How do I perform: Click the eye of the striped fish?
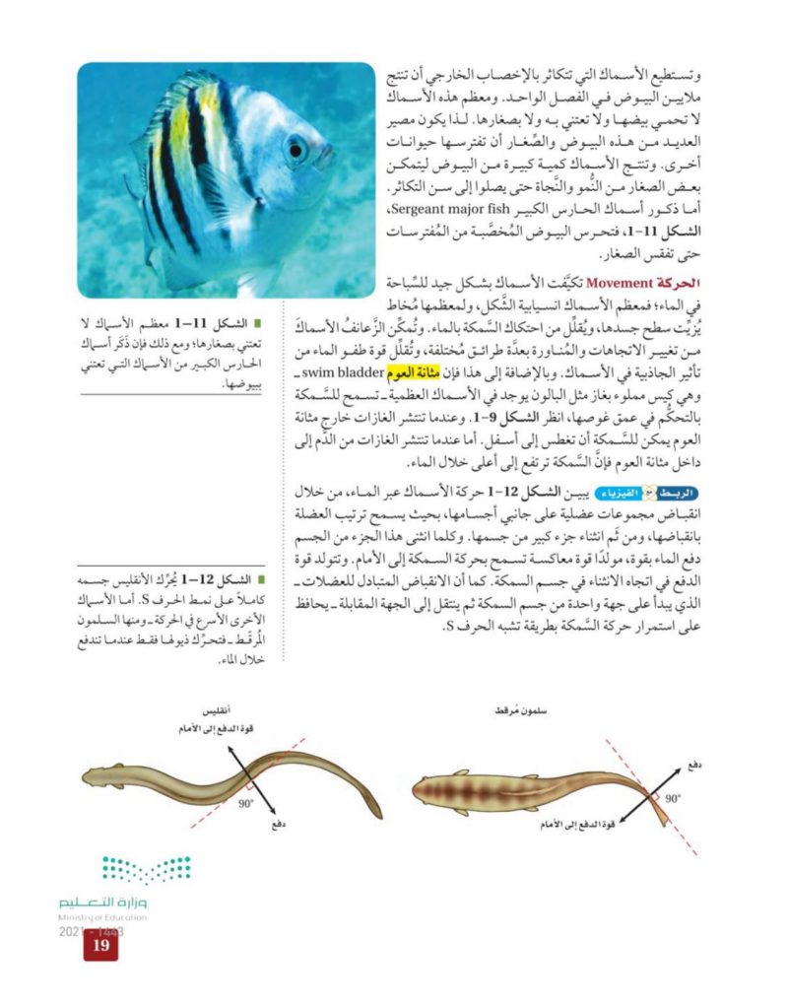295,150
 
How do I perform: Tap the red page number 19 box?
99,947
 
